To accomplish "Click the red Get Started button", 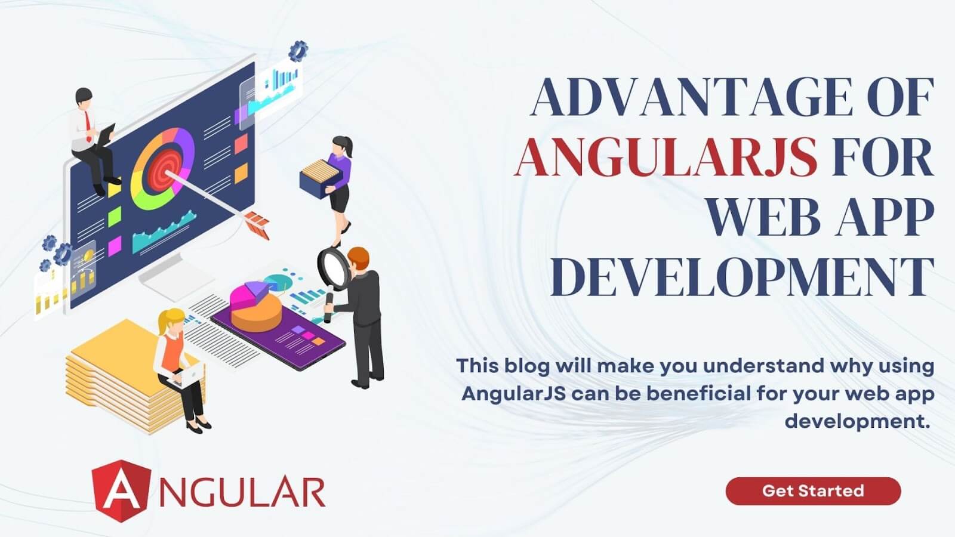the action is tap(813, 490).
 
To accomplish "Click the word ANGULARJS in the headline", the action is tap(666, 156).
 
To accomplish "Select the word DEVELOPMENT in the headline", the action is tap(743, 277).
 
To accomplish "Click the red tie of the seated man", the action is tap(88, 126).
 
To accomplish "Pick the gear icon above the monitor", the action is tap(298, 51).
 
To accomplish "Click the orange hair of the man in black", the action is tap(359, 257).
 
